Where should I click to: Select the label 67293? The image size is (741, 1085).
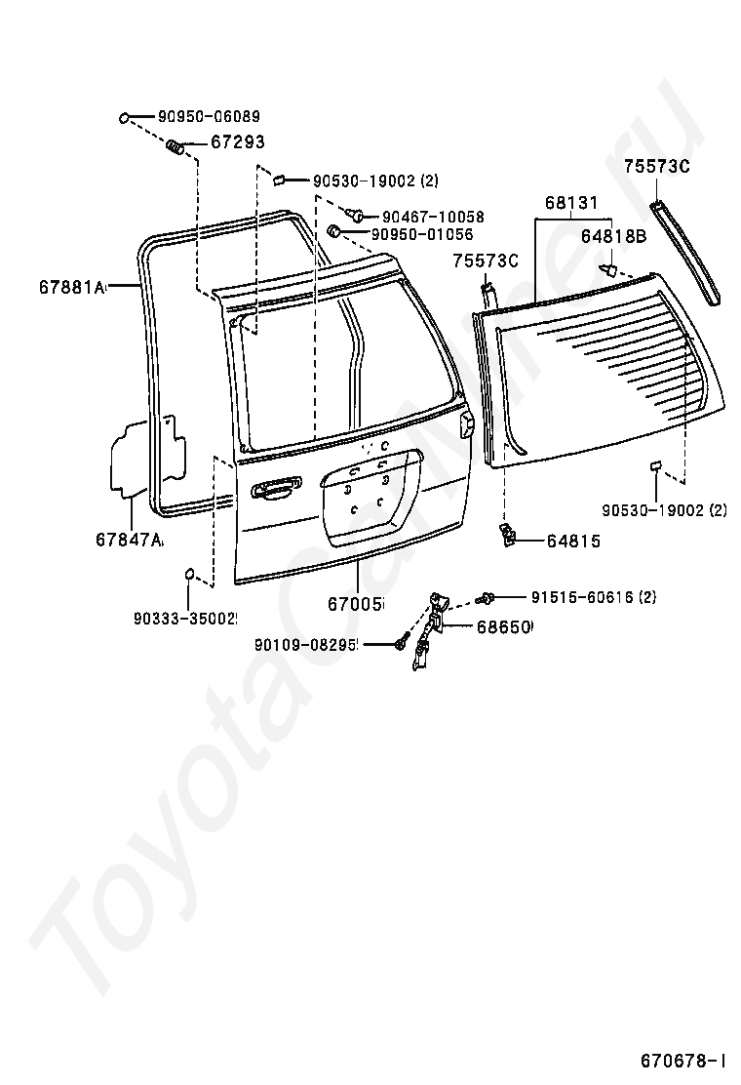coord(237,142)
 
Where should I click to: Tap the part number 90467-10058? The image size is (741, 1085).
coord(433,217)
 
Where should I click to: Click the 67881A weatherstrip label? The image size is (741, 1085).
coord(71,287)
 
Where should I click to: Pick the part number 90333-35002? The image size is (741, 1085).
coord(186,618)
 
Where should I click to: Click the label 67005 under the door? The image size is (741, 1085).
coord(356,604)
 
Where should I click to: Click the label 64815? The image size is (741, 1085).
coord(573,541)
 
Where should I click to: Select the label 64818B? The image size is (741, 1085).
coord(613,236)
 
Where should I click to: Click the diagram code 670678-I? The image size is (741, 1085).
coord(683,1060)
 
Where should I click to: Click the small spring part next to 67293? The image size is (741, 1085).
coord(175,146)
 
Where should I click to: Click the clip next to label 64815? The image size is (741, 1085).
coord(507,535)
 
